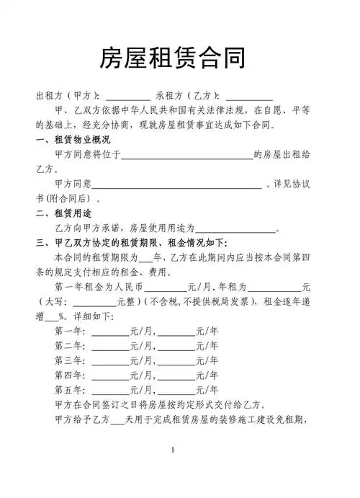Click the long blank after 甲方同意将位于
186,154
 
